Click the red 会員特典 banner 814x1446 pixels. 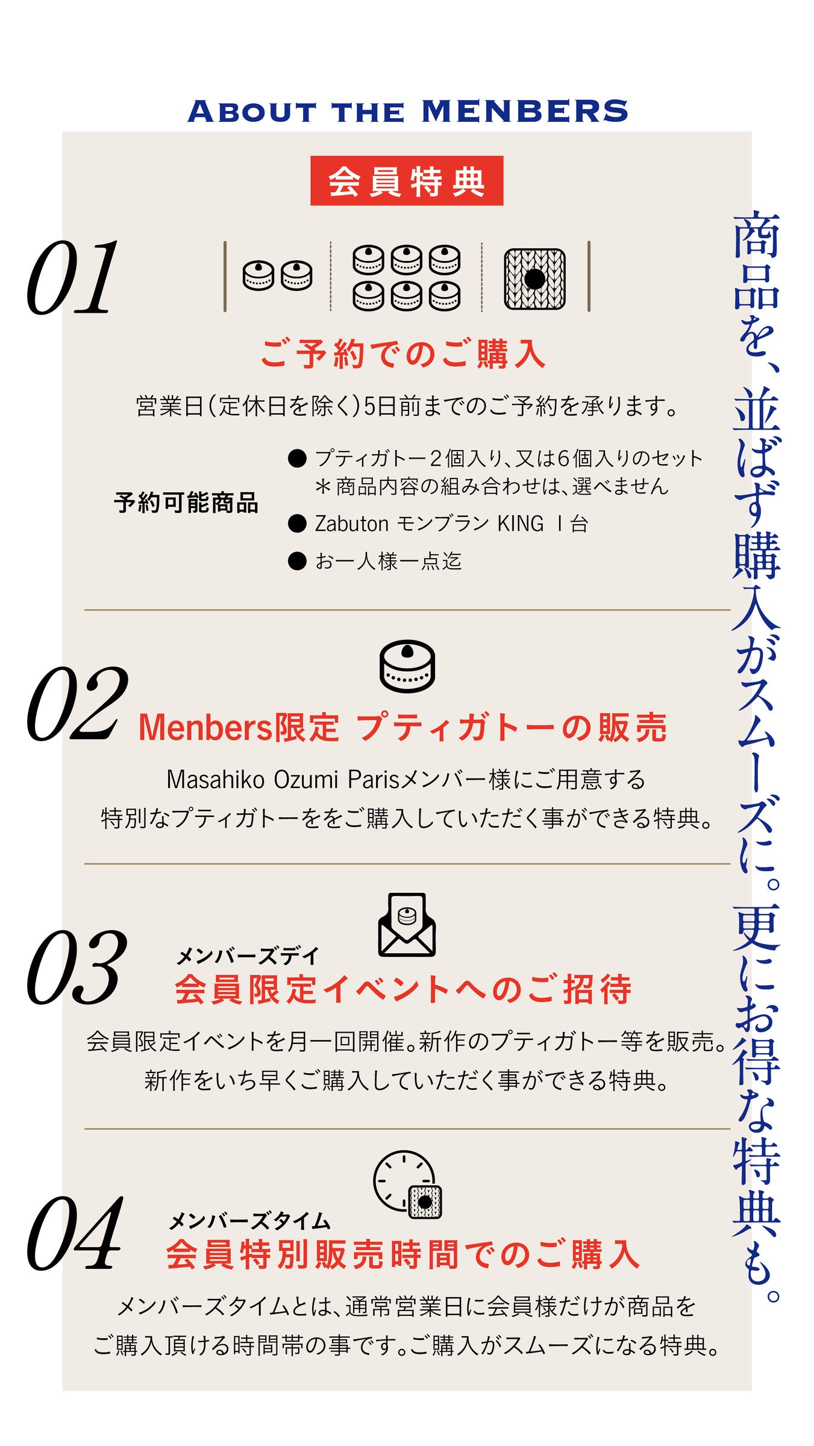(407, 181)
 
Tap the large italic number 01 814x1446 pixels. (72, 277)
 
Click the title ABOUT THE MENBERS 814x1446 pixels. (407, 111)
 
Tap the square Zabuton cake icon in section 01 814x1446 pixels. (534, 279)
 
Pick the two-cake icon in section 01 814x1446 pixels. (277, 276)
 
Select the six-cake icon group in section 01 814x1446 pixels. (407, 278)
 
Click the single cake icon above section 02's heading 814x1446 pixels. (407, 666)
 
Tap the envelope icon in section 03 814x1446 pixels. (407, 924)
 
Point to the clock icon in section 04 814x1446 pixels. (407, 1185)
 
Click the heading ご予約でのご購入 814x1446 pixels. (402, 354)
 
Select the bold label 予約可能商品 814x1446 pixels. (186, 502)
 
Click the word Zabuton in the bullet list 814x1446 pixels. (351, 524)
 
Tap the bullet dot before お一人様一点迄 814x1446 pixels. (297, 561)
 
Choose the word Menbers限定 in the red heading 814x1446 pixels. (239, 728)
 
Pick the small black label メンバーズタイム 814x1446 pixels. (249, 1221)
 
